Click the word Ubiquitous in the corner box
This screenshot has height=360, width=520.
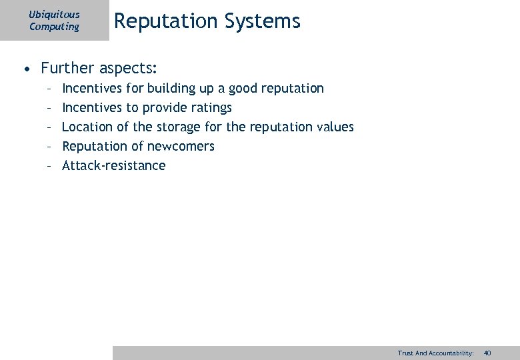point(54,14)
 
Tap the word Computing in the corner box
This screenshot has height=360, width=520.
point(54,27)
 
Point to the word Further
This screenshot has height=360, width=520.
point(67,68)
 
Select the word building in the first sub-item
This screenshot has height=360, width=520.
point(170,88)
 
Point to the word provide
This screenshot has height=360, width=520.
point(163,107)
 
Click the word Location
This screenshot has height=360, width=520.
point(86,127)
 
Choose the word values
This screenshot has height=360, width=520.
point(335,127)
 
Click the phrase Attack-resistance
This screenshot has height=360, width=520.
point(113,165)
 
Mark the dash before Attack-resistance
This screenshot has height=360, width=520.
point(49,165)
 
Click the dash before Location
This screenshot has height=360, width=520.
point(49,127)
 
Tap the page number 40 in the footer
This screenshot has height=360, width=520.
point(487,353)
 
